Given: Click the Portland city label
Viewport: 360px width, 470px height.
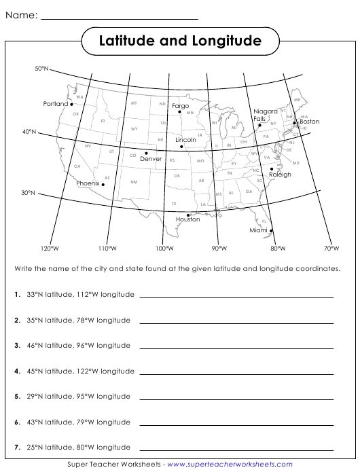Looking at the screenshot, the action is (56, 104).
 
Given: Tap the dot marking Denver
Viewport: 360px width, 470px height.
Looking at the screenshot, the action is (146, 153).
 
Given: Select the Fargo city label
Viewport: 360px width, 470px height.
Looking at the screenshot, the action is (180, 106).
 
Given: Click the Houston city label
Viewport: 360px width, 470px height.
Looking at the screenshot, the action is (188, 219).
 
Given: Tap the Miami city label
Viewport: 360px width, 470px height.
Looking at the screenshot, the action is (258, 230).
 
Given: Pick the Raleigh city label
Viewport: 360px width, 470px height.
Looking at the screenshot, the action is (280, 175).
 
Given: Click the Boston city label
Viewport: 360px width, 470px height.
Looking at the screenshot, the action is (309, 122).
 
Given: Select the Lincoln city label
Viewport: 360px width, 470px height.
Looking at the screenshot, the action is (185, 139).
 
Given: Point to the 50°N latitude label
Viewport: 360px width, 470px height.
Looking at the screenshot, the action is (42, 69).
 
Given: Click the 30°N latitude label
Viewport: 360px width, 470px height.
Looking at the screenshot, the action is (28, 193).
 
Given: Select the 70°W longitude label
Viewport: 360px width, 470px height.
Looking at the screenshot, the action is (331, 249).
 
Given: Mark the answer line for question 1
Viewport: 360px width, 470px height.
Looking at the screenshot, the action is (236, 297).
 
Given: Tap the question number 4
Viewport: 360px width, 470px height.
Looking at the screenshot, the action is (16, 372).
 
